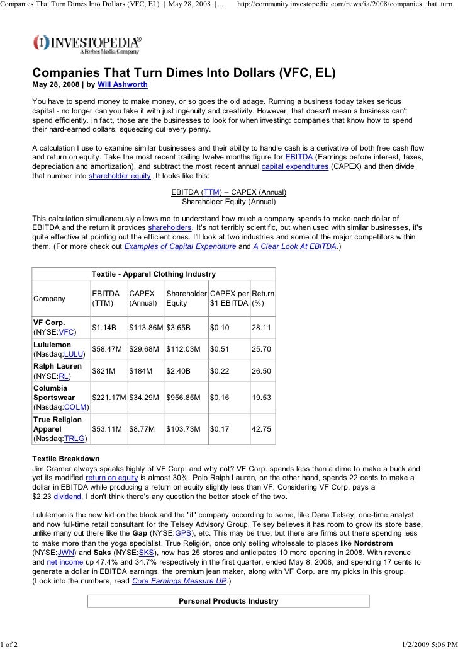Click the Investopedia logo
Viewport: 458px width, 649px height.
tap(87, 43)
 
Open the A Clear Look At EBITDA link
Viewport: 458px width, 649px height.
tap(294, 246)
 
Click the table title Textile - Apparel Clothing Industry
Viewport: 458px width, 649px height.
tap(154, 274)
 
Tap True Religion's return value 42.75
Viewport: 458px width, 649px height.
tap(261, 428)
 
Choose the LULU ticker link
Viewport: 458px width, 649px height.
tap(74, 354)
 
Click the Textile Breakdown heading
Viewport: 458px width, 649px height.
tap(65, 459)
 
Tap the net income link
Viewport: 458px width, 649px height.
tap(60, 561)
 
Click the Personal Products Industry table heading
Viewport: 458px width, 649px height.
tap(228, 601)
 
